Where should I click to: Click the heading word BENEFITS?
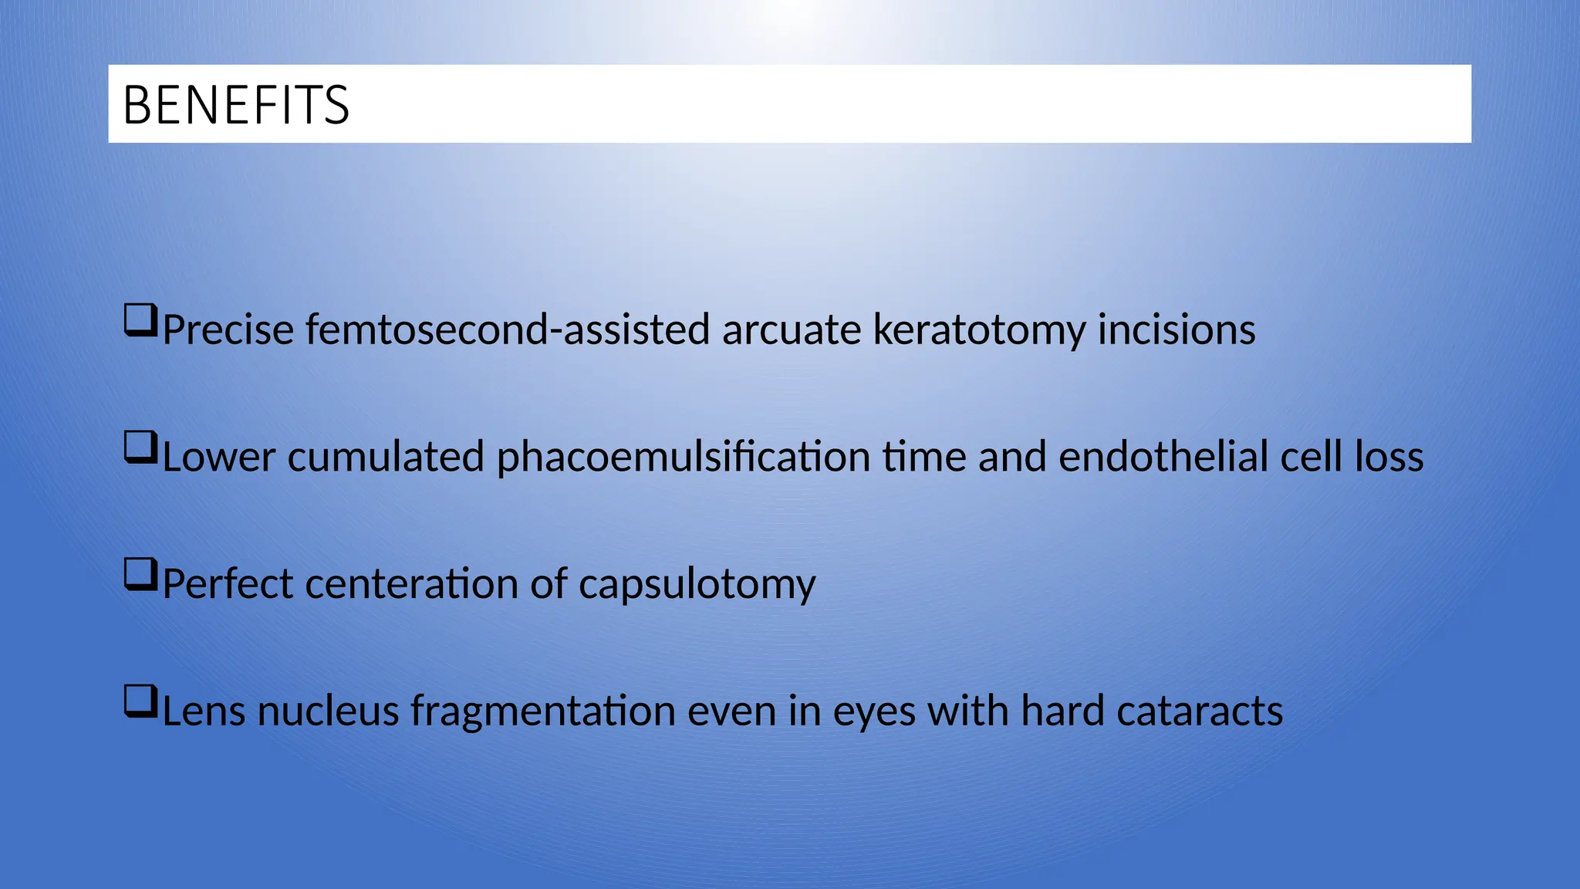[236, 105]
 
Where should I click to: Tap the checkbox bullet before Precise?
[140, 320]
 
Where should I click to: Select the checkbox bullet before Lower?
[140, 448]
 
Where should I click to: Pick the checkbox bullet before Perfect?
[140, 575]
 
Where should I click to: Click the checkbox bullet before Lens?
[140, 702]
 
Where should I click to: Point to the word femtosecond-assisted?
[507, 330]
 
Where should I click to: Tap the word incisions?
[1177, 330]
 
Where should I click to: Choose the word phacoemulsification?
[683, 457]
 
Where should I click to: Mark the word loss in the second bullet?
[1389, 456]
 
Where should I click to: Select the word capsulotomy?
[697, 585]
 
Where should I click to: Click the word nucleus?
[327, 711]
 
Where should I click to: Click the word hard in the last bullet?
[1062, 711]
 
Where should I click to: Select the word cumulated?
[385, 456]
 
